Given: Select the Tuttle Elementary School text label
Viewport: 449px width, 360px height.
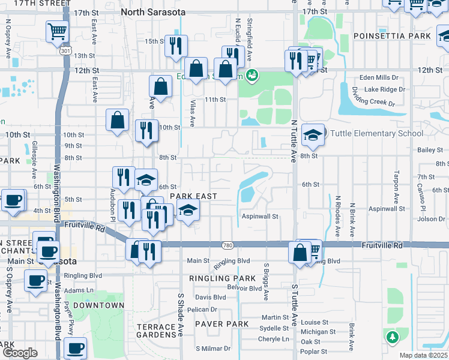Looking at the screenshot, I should (x=375, y=134).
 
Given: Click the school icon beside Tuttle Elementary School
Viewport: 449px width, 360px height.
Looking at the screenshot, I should (x=312, y=136).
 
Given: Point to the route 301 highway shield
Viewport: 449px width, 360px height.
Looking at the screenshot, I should (x=65, y=51).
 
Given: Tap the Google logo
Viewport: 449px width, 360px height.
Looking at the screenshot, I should (x=20, y=353).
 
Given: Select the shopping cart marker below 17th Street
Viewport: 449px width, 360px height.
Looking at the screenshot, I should (x=57, y=32).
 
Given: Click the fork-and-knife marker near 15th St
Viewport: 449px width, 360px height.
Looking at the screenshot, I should (x=176, y=46).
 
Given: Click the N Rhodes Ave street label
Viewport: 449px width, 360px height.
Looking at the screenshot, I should (x=338, y=214).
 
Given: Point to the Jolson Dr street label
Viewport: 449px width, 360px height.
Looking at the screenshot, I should (x=432, y=219).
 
